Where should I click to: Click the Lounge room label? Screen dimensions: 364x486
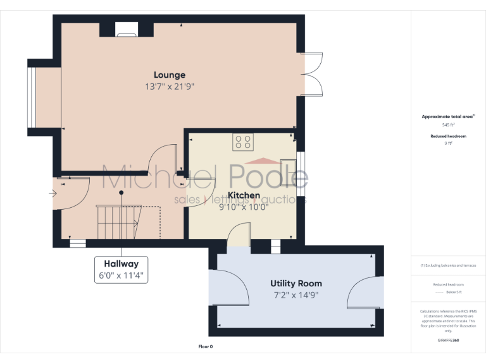coord(169,75)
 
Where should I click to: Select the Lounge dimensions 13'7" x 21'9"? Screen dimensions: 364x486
coord(169,86)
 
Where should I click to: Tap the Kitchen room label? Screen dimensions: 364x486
coord(244,195)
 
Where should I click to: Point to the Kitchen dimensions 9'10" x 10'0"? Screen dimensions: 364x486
coord(244,207)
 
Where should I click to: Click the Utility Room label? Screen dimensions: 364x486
coord(296,283)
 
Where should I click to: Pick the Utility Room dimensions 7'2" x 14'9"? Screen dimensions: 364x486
coord(296,294)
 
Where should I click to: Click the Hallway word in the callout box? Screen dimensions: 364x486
coord(121,264)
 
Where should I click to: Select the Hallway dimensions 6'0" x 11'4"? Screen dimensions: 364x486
coord(121,275)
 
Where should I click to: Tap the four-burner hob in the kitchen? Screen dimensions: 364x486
coord(243,142)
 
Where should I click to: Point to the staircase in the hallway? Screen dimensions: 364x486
coord(117,221)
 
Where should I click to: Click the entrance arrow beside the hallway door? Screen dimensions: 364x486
coord(52,193)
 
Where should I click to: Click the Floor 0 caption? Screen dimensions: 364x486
coord(206,347)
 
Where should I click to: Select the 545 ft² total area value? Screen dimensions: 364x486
coord(448,125)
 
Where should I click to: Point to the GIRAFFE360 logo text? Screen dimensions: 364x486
coord(448,340)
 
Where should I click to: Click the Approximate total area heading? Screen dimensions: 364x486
coord(447,116)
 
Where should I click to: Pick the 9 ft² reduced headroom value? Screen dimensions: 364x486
coord(448,143)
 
